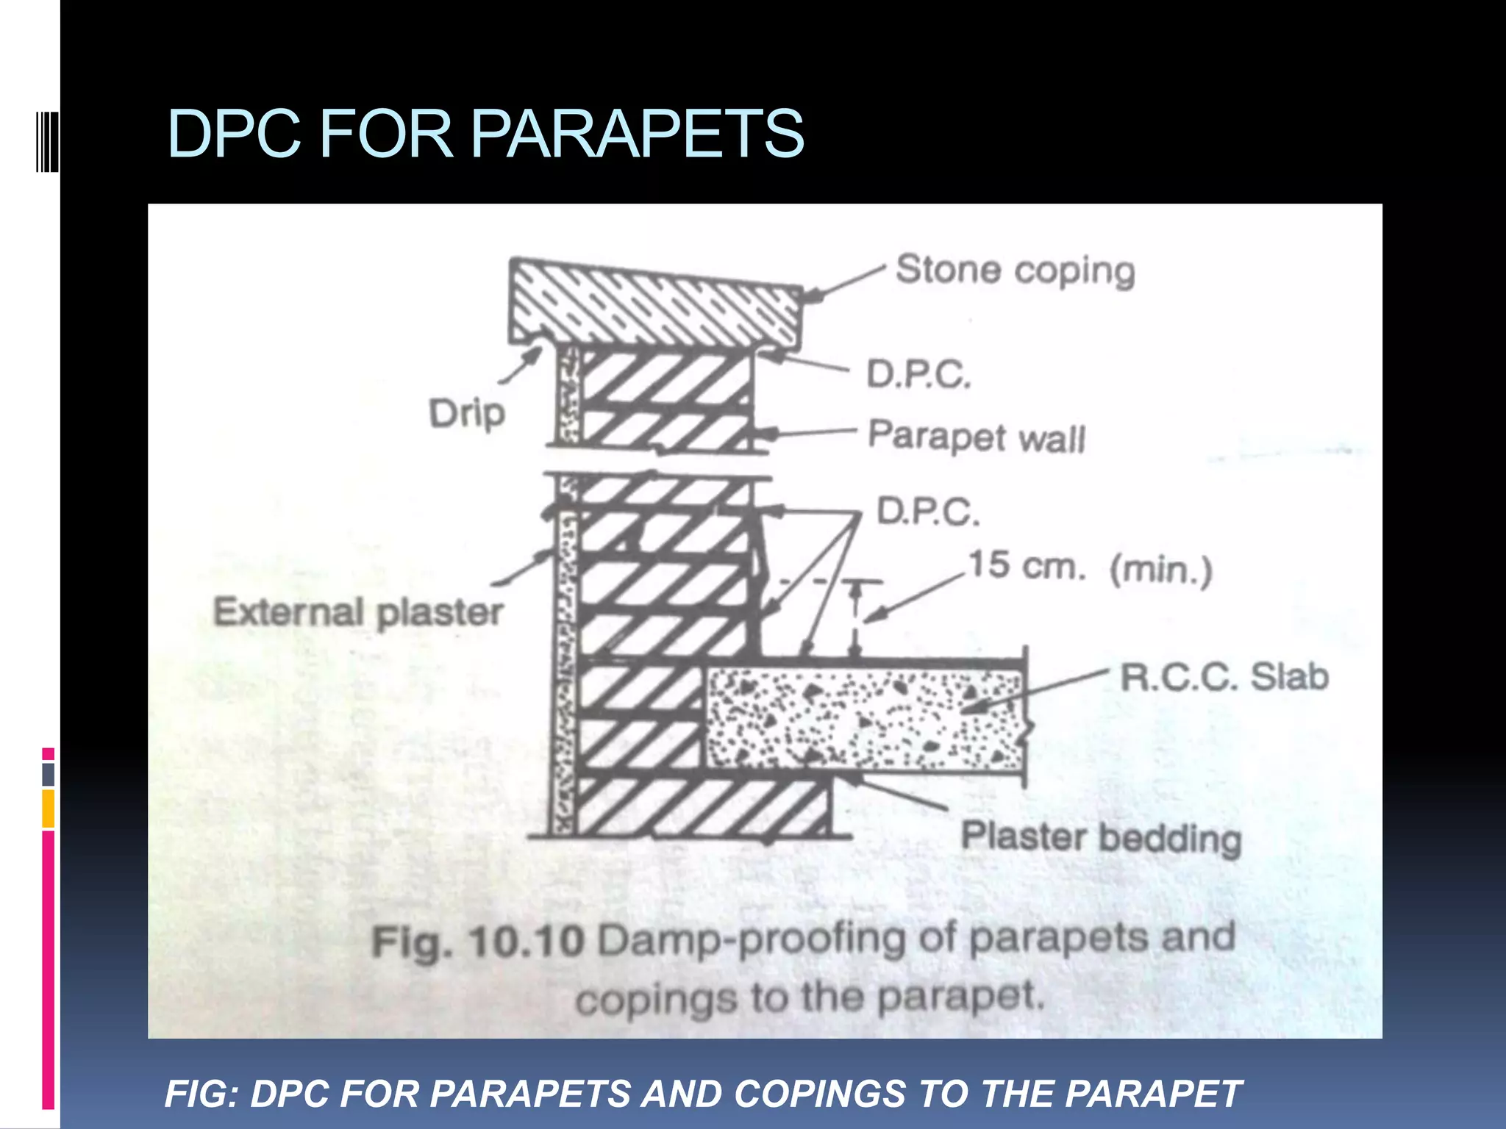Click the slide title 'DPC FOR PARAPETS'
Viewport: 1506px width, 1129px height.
click(485, 134)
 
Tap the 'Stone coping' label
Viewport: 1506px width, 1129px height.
click(1015, 270)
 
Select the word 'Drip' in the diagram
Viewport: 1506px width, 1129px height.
click(467, 414)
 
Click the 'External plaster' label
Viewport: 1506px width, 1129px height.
click(358, 612)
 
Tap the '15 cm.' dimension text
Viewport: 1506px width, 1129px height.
click(1027, 566)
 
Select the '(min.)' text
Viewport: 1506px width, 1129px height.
click(1161, 570)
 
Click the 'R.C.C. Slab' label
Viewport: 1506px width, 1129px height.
click(1224, 677)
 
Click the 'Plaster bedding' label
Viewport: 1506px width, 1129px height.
click(1102, 839)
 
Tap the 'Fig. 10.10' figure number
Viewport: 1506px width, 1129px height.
click(478, 943)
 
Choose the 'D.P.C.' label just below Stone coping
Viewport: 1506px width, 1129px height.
click(919, 375)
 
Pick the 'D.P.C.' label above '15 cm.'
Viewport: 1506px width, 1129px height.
click(928, 512)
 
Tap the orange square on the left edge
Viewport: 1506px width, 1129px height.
click(49, 809)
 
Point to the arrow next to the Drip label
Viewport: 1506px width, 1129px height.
click(521, 365)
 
